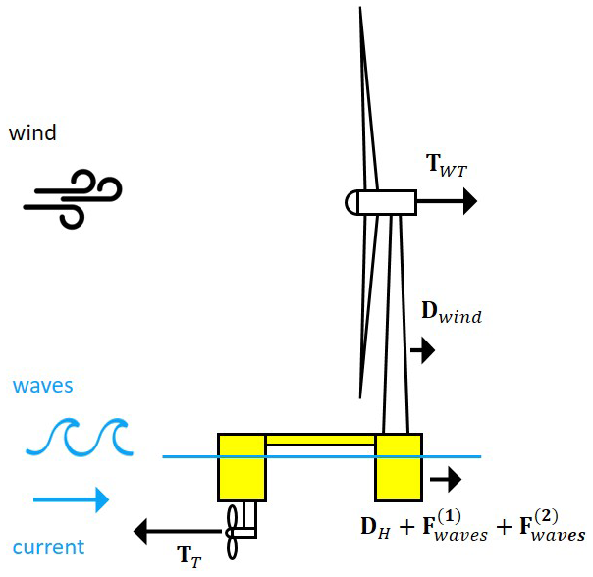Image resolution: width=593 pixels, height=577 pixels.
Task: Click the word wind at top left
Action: coord(32,132)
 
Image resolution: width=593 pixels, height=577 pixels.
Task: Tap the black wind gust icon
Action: coord(72,200)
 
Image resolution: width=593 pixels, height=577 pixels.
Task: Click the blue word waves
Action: coord(42,386)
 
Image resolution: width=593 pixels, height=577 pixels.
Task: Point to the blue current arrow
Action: coord(71,500)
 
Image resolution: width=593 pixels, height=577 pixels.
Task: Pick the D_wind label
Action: coord(451,313)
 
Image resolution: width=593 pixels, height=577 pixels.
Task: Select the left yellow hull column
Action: coord(242,467)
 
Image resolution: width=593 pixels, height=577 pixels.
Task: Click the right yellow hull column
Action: coord(399,467)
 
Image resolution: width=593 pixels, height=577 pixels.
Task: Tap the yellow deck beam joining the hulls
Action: coord(320,440)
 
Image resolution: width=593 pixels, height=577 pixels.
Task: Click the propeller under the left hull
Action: coord(235,531)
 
